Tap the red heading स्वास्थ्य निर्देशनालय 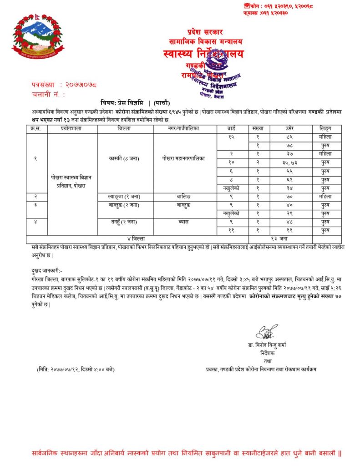[203, 54]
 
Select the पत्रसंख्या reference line [65, 85]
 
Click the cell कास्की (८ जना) [125, 159]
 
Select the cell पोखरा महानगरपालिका [184, 159]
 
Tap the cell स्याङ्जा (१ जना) [125, 196]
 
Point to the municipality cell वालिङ [184, 196]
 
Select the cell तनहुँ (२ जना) [125, 222]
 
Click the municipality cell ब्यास [184, 222]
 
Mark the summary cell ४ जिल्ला [137, 239]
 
